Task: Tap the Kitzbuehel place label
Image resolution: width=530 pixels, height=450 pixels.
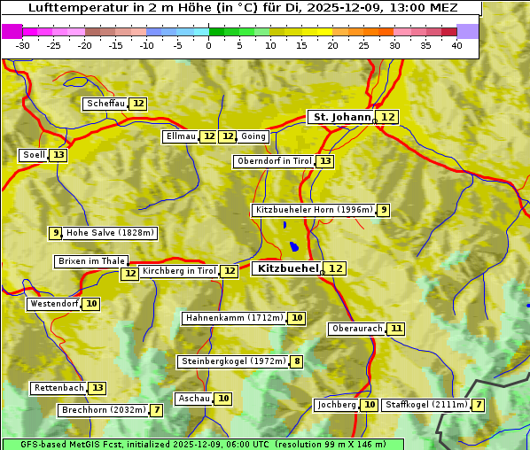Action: (286, 268)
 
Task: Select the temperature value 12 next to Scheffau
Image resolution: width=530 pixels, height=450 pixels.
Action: (138, 104)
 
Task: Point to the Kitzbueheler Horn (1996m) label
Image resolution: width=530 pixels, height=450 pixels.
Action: (313, 210)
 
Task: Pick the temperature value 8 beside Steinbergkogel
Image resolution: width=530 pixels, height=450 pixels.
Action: (296, 361)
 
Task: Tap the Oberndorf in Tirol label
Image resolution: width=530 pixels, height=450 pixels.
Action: (274, 161)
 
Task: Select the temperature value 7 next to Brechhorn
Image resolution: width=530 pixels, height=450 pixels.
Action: (156, 410)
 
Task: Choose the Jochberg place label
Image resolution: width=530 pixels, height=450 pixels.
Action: (336, 405)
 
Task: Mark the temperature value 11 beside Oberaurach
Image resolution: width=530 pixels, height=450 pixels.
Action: (396, 329)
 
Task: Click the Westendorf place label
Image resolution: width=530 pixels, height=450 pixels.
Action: (54, 304)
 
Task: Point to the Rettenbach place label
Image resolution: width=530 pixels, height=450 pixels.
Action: (58, 388)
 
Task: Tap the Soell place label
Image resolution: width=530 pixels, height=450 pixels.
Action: (34, 155)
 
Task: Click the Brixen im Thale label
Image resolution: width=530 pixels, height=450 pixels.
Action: (91, 261)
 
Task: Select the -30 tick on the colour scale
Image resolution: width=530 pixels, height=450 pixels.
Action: (23, 45)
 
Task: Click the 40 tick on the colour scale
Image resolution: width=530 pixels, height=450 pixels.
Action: (456, 45)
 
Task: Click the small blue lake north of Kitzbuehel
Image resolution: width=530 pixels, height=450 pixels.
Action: (292, 246)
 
